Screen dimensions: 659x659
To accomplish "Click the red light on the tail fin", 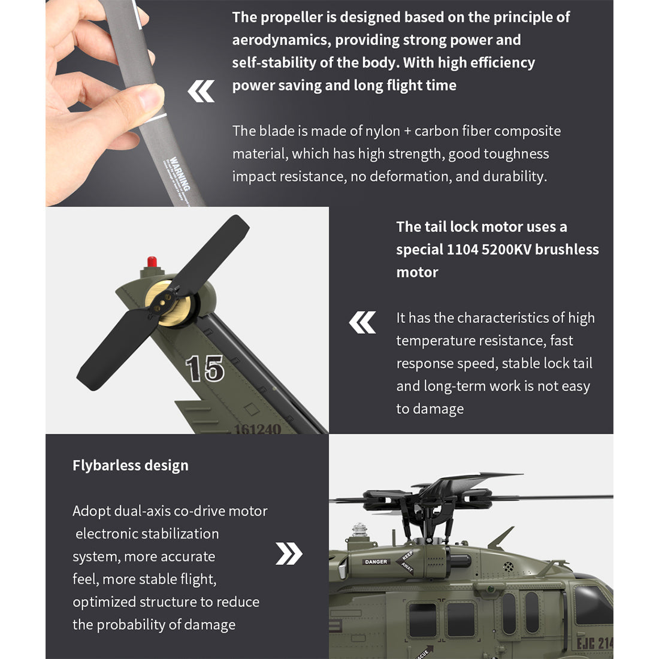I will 152,262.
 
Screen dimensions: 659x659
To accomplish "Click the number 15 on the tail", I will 204,368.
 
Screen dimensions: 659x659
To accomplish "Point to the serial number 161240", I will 257,429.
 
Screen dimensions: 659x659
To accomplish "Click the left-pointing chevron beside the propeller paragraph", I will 201,92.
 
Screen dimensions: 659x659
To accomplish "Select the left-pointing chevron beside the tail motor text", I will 362,322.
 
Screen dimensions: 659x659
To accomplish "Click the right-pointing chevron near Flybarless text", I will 289,554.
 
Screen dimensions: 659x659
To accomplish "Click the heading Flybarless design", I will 130,465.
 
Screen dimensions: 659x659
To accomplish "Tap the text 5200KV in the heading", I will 506,249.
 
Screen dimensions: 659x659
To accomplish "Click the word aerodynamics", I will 280,40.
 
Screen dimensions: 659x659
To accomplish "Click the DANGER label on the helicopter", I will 376,562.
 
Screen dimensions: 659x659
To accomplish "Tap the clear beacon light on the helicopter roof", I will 358,530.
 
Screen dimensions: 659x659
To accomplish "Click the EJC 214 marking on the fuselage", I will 594,643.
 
